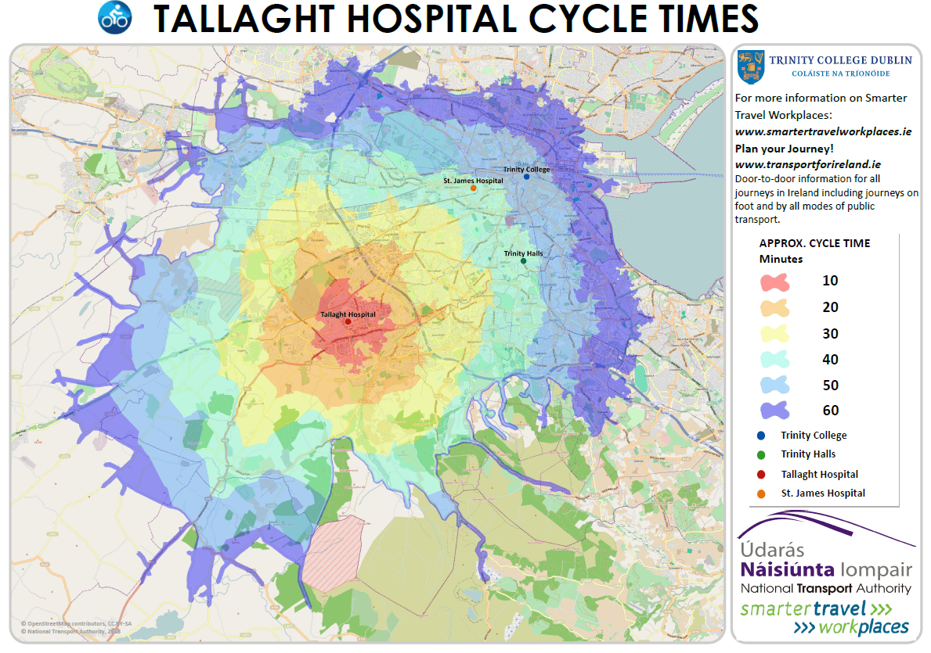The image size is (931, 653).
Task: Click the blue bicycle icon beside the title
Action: coord(115,17)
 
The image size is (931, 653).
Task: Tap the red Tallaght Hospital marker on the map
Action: coord(348,321)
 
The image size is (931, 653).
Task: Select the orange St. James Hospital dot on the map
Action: coord(474,188)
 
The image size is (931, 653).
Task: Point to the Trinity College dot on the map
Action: coord(526,177)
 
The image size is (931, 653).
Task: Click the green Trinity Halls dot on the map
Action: coord(524,260)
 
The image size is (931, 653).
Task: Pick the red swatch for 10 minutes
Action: coord(774,282)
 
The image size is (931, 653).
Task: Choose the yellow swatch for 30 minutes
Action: coord(774,334)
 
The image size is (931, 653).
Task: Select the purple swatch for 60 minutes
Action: coord(774,411)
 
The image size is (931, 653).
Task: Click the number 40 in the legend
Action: coord(830,360)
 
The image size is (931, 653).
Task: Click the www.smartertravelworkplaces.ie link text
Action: coord(823,132)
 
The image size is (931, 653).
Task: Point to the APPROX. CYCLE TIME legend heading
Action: coord(814,243)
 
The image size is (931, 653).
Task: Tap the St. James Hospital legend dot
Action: coord(762,493)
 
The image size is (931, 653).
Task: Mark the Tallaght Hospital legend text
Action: coord(819,475)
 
